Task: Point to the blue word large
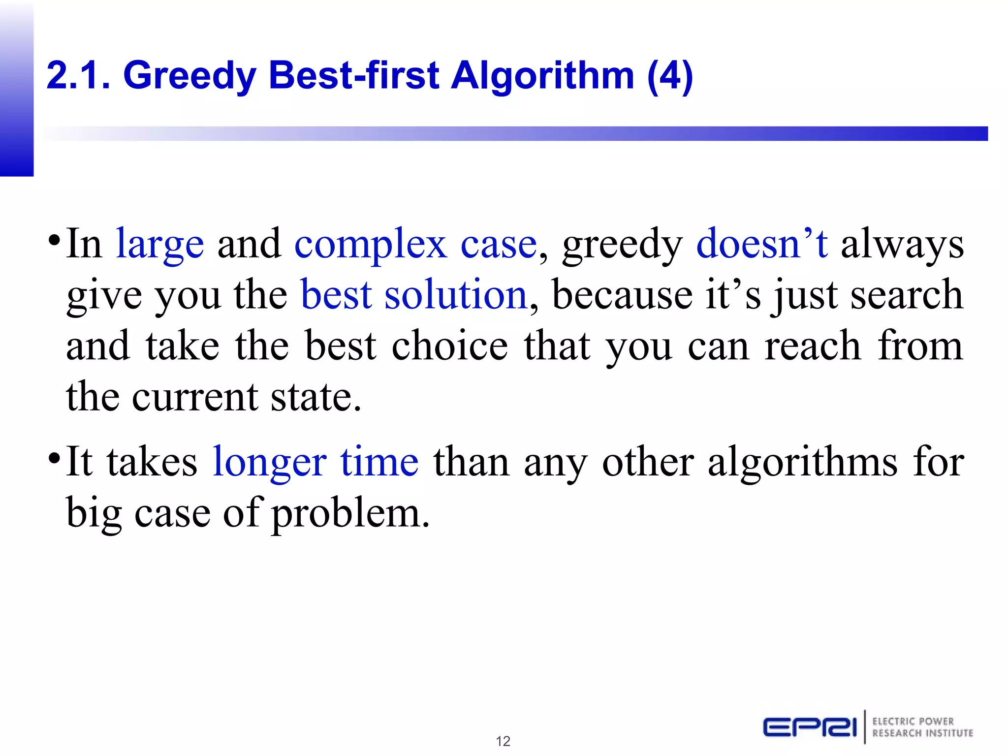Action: pos(159,245)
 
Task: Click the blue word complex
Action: pos(371,245)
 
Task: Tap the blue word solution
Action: pos(456,295)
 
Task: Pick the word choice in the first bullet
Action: pos(449,346)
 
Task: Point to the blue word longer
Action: pos(269,463)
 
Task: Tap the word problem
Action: pos(351,514)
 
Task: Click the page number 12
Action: pos(503,741)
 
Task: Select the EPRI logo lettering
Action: pos(810,727)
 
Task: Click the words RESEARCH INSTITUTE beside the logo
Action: pos(922,733)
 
